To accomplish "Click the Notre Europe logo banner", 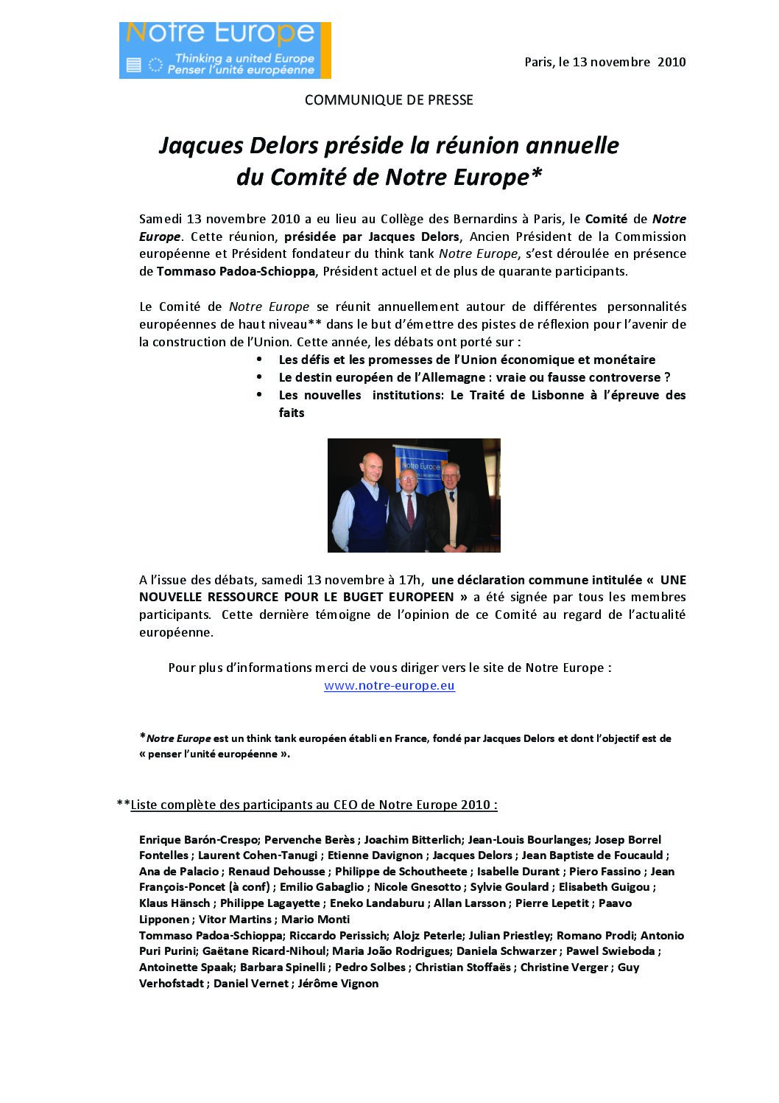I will click(x=225, y=49).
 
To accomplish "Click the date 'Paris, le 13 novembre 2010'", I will click(x=604, y=63).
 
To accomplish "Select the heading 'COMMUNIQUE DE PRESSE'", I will click(x=389, y=99).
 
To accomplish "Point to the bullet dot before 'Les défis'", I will click(x=259, y=360).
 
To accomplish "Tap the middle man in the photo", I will click(x=408, y=508).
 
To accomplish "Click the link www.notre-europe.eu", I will click(x=389, y=686).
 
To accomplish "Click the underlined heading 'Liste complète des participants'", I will click(x=314, y=805).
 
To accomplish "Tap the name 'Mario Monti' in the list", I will click(x=315, y=920).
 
